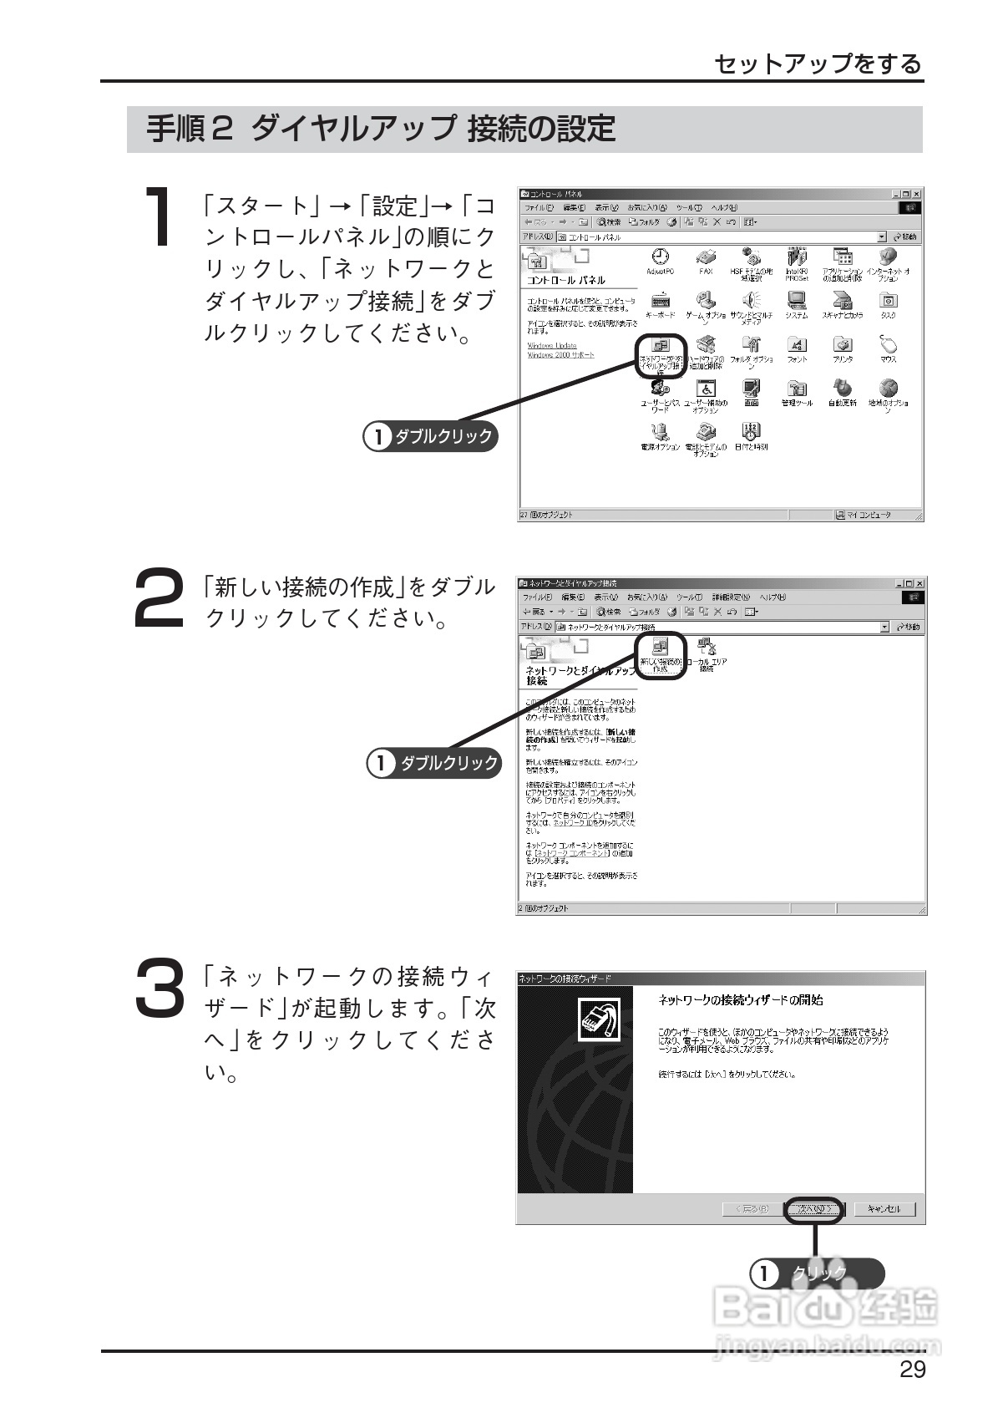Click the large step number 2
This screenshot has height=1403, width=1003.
point(159,597)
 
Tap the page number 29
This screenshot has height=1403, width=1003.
point(912,1369)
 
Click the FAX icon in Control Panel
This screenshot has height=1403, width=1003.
point(706,257)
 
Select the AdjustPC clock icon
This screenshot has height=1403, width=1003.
point(660,257)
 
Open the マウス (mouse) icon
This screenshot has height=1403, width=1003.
point(888,343)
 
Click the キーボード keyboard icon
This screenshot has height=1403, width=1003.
point(660,300)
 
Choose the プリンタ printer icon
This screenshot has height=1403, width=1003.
point(843,344)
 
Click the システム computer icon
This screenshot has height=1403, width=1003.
point(797,300)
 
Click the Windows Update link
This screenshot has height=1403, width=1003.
point(551,345)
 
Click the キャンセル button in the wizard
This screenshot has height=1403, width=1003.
point(884,1208)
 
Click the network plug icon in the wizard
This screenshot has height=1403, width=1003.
point(600,1020)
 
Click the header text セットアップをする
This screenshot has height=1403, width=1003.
point(818,64)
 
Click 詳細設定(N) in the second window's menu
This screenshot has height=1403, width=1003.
point(731,597)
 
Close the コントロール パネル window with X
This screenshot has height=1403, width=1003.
point(916,194)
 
